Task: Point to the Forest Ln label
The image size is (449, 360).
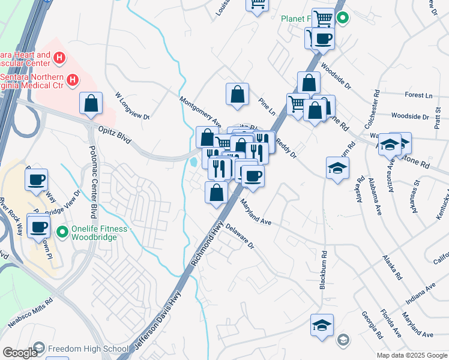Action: click(418, 95)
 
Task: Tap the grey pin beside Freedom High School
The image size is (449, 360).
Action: click(39, 348)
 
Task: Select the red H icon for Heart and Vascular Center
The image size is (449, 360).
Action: click(59, 58)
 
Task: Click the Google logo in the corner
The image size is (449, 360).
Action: click(20, 353)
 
